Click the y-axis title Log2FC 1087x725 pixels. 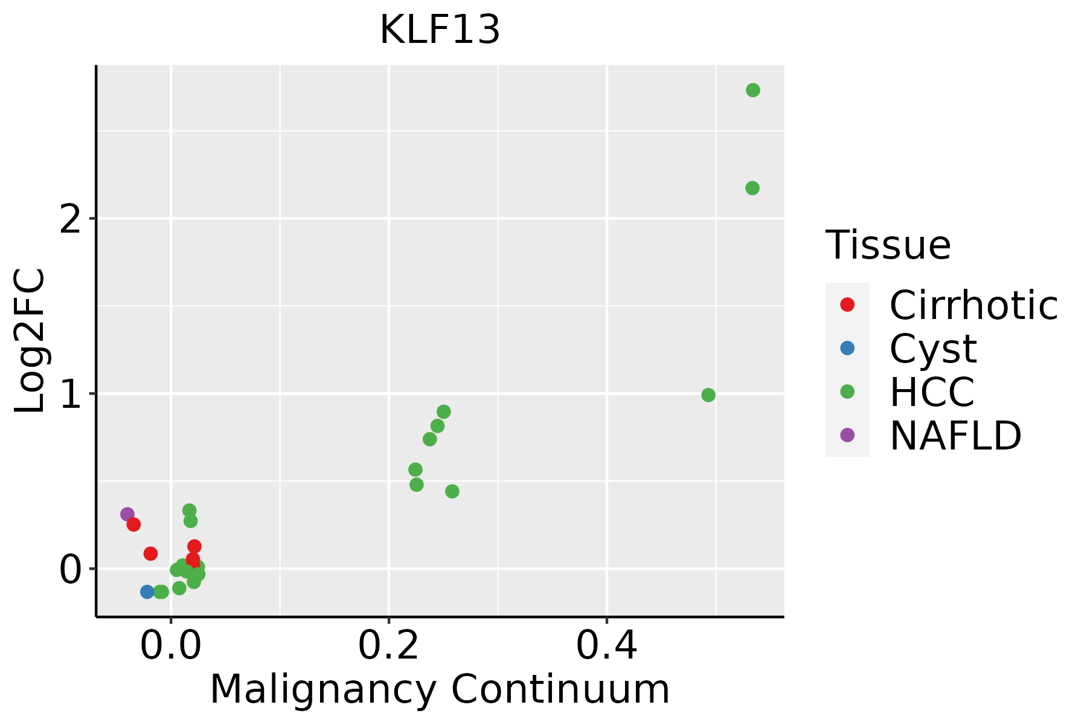(30, 341)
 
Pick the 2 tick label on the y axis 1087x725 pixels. (71, 219)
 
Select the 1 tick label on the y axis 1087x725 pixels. (71, 394)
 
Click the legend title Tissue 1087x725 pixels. (888, 245)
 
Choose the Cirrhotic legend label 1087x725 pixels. (973, 305)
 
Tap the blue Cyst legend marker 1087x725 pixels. (847, 348)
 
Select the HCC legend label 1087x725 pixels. (932, 391)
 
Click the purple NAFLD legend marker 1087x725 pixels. (847, 434)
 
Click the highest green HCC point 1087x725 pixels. (752, 90)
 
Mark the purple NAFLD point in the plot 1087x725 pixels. (127, 514)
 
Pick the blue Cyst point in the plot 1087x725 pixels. (147, 591)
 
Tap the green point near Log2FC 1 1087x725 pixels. (708, 395)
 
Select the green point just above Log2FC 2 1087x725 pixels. (752, 188)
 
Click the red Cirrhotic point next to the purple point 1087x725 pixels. (133, 524)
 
